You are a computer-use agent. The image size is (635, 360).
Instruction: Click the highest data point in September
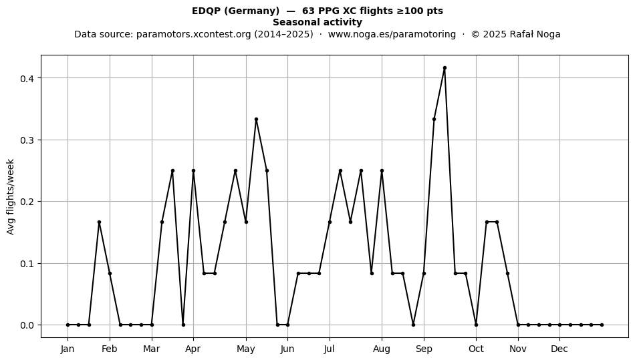(x=444, y=68)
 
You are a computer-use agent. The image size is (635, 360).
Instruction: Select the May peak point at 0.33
(x=257, y=120)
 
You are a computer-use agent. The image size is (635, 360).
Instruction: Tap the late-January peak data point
(x=99, y=222)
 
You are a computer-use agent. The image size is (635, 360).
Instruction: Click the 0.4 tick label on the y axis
(x=27, y=78)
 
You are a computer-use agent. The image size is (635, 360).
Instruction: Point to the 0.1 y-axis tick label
(x=27, y=264)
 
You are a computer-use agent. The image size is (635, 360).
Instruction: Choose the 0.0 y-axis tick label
(x=27, y=325)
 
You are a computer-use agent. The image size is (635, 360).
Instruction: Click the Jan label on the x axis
(x=68, y=349)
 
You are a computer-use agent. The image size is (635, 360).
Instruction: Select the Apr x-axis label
(x=193, y=349)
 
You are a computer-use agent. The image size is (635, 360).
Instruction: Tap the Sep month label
(x=424, y=349)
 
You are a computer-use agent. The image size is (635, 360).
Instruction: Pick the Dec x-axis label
(x=559, y=349)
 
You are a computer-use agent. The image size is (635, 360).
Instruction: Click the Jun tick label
(x=287, y=349)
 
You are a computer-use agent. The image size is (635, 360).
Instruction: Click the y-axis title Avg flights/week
(x=11, y=196)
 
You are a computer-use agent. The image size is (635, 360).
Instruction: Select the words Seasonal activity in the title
(x=317, y=22)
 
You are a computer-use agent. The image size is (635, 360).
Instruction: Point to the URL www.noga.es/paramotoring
(x=392, y=34)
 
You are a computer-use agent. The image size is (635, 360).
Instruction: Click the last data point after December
(x=602, y=325)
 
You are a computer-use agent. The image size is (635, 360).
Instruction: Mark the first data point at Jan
(x=68, y=325)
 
